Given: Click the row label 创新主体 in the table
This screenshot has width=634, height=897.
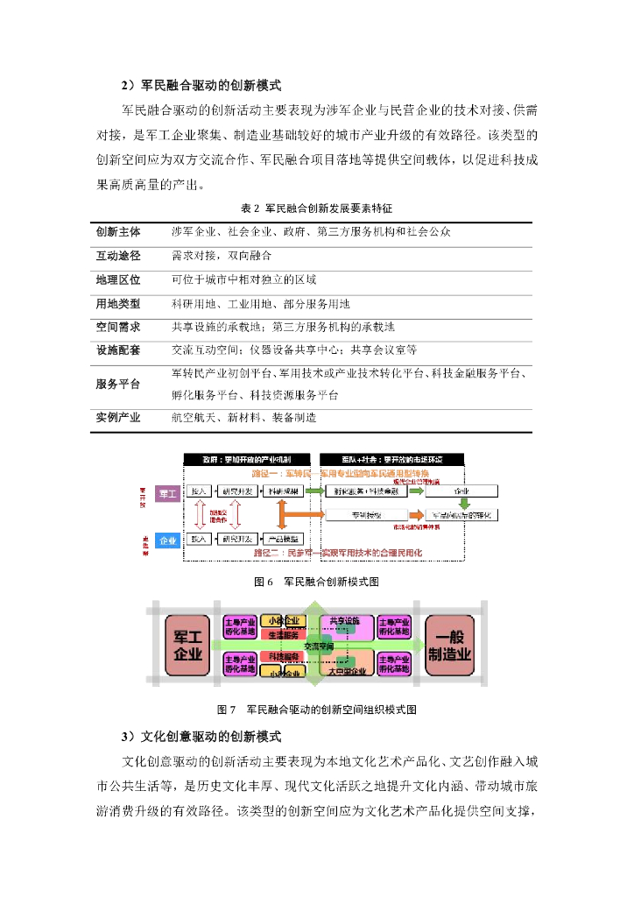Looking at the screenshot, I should (x=118, y=231).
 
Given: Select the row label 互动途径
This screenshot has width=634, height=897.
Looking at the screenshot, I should (x=118, y=256).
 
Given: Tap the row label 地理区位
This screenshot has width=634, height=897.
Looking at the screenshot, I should (x=118, y=279).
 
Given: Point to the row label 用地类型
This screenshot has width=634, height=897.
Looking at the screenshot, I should (x=118, y=303).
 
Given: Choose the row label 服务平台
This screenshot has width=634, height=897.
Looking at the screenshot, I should (x=118, y=384).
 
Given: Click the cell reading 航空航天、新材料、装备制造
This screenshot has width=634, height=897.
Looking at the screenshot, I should (x=244, y=418).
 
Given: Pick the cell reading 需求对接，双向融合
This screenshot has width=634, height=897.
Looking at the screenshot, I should (x=222, y=256).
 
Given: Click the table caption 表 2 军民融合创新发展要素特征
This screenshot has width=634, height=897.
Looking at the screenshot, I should (x=316, y=208).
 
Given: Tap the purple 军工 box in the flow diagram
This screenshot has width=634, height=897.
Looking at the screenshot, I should (x=167, y=495).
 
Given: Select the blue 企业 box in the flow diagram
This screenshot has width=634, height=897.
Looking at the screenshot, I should (x=167, y=540).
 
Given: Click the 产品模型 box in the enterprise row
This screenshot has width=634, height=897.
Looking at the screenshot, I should (x=285, y=540).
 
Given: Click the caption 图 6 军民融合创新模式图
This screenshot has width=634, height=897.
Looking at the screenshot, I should (x=316, y=582).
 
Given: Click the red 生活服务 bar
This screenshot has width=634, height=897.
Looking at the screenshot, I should (x=282, y=634).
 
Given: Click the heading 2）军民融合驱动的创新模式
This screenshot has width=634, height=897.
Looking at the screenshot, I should (x=201, y=85).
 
